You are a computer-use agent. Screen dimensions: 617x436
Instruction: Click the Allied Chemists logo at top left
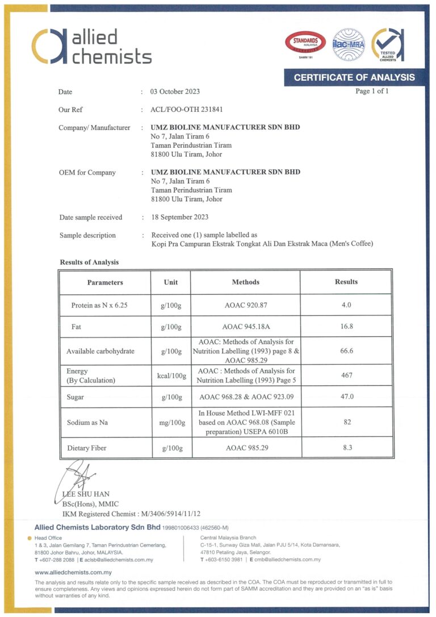pyautogui.click(x=91, y=46)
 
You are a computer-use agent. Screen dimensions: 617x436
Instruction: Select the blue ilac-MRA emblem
pyautogui.click(x=348, y=44)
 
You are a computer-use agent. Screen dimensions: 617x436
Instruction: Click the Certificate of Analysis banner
pyautogui.click(x=354, y=77)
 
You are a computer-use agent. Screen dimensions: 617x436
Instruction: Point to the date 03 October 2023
pyautogui.click(x=175, y=91)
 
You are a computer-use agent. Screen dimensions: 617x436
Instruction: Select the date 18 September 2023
pyautogui.click(x=179, y=217)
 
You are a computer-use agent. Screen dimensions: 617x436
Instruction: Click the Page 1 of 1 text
pyautogui.click(x=372, y=91)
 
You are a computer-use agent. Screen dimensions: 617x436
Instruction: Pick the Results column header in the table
pyautogui.click(x=346, y=282)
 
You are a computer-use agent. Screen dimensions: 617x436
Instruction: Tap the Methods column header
pyautogui.click(x=246, y=282)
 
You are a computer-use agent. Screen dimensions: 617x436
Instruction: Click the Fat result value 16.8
pyautogui.click(x=346, y=326)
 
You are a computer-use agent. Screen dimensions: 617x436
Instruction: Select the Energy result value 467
pyautogui.click(x=346, y=375)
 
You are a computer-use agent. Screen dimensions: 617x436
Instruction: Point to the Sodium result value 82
pyautogui.click(x=346, y=422)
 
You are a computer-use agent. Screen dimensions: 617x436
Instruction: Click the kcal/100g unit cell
pyautogui.click(x=171, y=376)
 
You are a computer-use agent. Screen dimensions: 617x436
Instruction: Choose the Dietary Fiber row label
pyautogui.click(x=86, y=448)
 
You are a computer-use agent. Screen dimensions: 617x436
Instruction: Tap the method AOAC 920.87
pyautogui.click(x=246, y=305)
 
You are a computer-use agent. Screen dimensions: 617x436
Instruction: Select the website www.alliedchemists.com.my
pyautogui.click(x=73, y=572)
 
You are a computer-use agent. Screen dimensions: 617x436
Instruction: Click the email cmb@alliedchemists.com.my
pyautogui.click(x=286, y=560)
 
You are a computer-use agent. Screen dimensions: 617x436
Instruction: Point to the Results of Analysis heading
pyautogui.click(x=89, y=262)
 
